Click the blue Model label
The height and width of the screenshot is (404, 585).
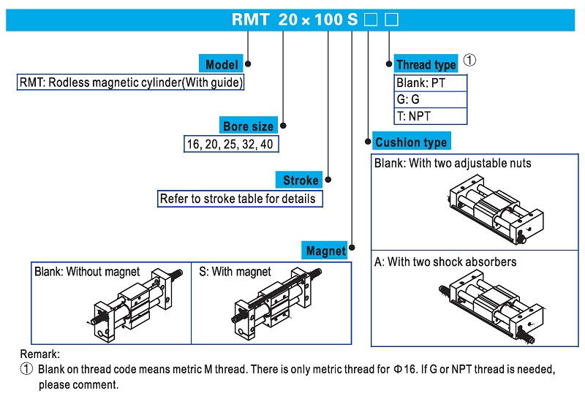point(222,64)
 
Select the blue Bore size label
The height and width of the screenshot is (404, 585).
point(249,126)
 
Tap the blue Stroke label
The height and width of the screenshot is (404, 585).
point(301,180)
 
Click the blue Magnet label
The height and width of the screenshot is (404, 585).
point(326,251)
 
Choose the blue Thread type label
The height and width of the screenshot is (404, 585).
point(426,64)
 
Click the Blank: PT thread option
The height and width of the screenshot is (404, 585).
point(421,83)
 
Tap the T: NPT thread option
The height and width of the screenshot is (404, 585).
point(414,115)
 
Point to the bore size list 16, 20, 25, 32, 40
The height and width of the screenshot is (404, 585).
point(230,145)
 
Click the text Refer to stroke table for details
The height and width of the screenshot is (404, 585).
point(238,198)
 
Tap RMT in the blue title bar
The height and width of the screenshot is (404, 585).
point(250,20)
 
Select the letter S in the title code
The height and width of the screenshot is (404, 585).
point(352,20)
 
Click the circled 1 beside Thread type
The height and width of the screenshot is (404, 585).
point(469,61)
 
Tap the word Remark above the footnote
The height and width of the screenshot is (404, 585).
point(40,354)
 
